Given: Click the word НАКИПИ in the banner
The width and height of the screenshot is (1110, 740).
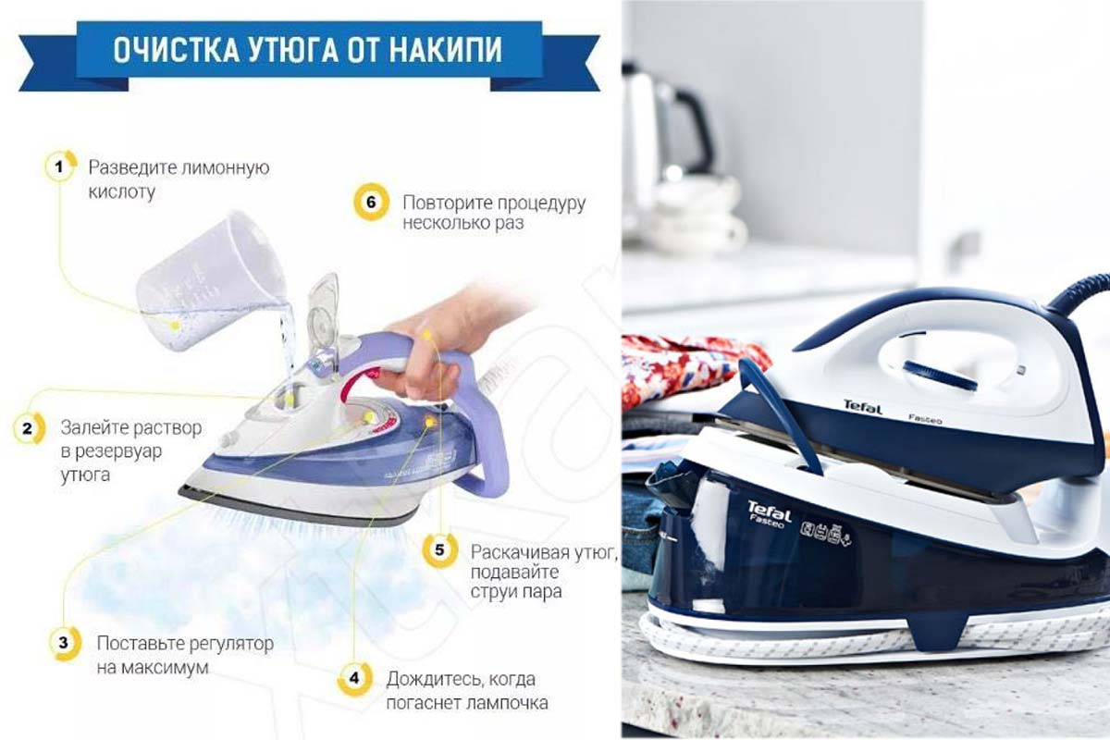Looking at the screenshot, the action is pyautogui.click(x=445, y=50).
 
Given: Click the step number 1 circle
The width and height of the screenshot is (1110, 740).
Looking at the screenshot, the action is pyautogui.click(x=60, y=166).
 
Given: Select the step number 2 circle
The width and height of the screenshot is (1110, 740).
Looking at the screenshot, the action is pyautogui.click(x=29, y=428).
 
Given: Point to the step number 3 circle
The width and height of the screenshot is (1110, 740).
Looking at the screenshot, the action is pyautogui.click(x=65, y=643).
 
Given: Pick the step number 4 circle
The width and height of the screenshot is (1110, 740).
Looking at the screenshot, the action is pyautogui.click(x=354, y=678).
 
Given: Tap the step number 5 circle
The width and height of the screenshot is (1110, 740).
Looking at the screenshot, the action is pyautogui.click(x=440, y=550).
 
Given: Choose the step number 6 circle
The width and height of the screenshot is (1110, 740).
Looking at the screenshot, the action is pyautogui.click(x=371, y=202).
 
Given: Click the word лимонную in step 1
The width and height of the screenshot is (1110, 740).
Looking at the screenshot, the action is pyautogui.click(x=226, y=167).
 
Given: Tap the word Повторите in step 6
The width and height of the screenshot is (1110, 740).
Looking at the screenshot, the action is pyautogui.click(x=448, y=203).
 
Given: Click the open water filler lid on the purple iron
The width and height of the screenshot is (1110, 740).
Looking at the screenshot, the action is pyautogui.click(x=323, y=312).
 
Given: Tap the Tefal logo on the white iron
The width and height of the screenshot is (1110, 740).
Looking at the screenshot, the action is pyautogui.click(x=863, y=407).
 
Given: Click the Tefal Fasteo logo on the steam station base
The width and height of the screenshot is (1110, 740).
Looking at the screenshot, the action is pyautogui.click(x=769, y=514).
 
